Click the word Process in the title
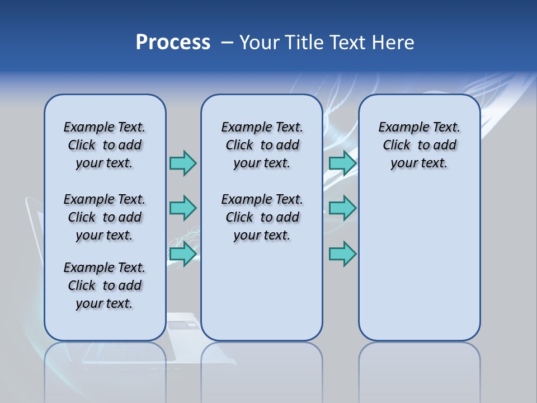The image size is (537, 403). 173,43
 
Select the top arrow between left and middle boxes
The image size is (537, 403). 182,163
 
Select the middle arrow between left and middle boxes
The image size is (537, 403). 182,208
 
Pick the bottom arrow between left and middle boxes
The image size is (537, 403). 182,254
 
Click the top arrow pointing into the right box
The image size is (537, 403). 342,163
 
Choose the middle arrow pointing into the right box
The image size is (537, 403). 342,208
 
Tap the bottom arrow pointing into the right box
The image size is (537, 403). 342,254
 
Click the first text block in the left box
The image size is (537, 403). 105,145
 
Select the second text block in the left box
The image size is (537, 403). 105,217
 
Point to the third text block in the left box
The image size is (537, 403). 105,285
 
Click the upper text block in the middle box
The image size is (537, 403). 262,145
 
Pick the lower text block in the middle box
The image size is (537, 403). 262,217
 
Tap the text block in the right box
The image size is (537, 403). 419,145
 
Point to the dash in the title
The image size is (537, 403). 227,43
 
